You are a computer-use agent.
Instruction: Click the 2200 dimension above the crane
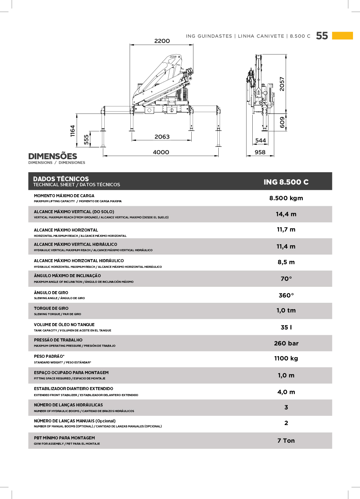pos(162,41)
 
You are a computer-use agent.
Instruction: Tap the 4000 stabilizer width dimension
pos(161,152)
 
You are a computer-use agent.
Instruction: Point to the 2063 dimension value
pos(162,137)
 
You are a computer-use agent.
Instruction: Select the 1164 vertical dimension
pos(73,131)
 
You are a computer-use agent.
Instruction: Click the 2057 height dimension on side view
pos(282,84)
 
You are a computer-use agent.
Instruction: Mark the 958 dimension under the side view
pos(260,152)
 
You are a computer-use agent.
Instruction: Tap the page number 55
pos(322,36)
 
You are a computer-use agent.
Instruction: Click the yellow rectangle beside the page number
pos(342,36)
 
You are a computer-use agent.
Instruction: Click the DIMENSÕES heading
pos(53,156)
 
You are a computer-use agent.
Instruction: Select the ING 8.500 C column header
pos(286,182)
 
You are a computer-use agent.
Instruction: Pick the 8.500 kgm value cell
pos(286,198)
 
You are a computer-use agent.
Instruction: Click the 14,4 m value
pos(286,214)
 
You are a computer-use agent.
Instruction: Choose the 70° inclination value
pos(286,278)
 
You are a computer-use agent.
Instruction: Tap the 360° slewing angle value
pos(286,295)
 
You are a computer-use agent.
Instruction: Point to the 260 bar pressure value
pos(286,343)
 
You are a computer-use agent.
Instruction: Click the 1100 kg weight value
pos(286,358)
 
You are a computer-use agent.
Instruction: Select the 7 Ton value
pos(286,441)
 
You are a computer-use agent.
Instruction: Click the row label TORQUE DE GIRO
pos(51,308)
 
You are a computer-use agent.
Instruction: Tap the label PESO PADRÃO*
pos(49,356)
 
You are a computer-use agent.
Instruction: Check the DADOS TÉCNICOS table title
pos(61,179)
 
